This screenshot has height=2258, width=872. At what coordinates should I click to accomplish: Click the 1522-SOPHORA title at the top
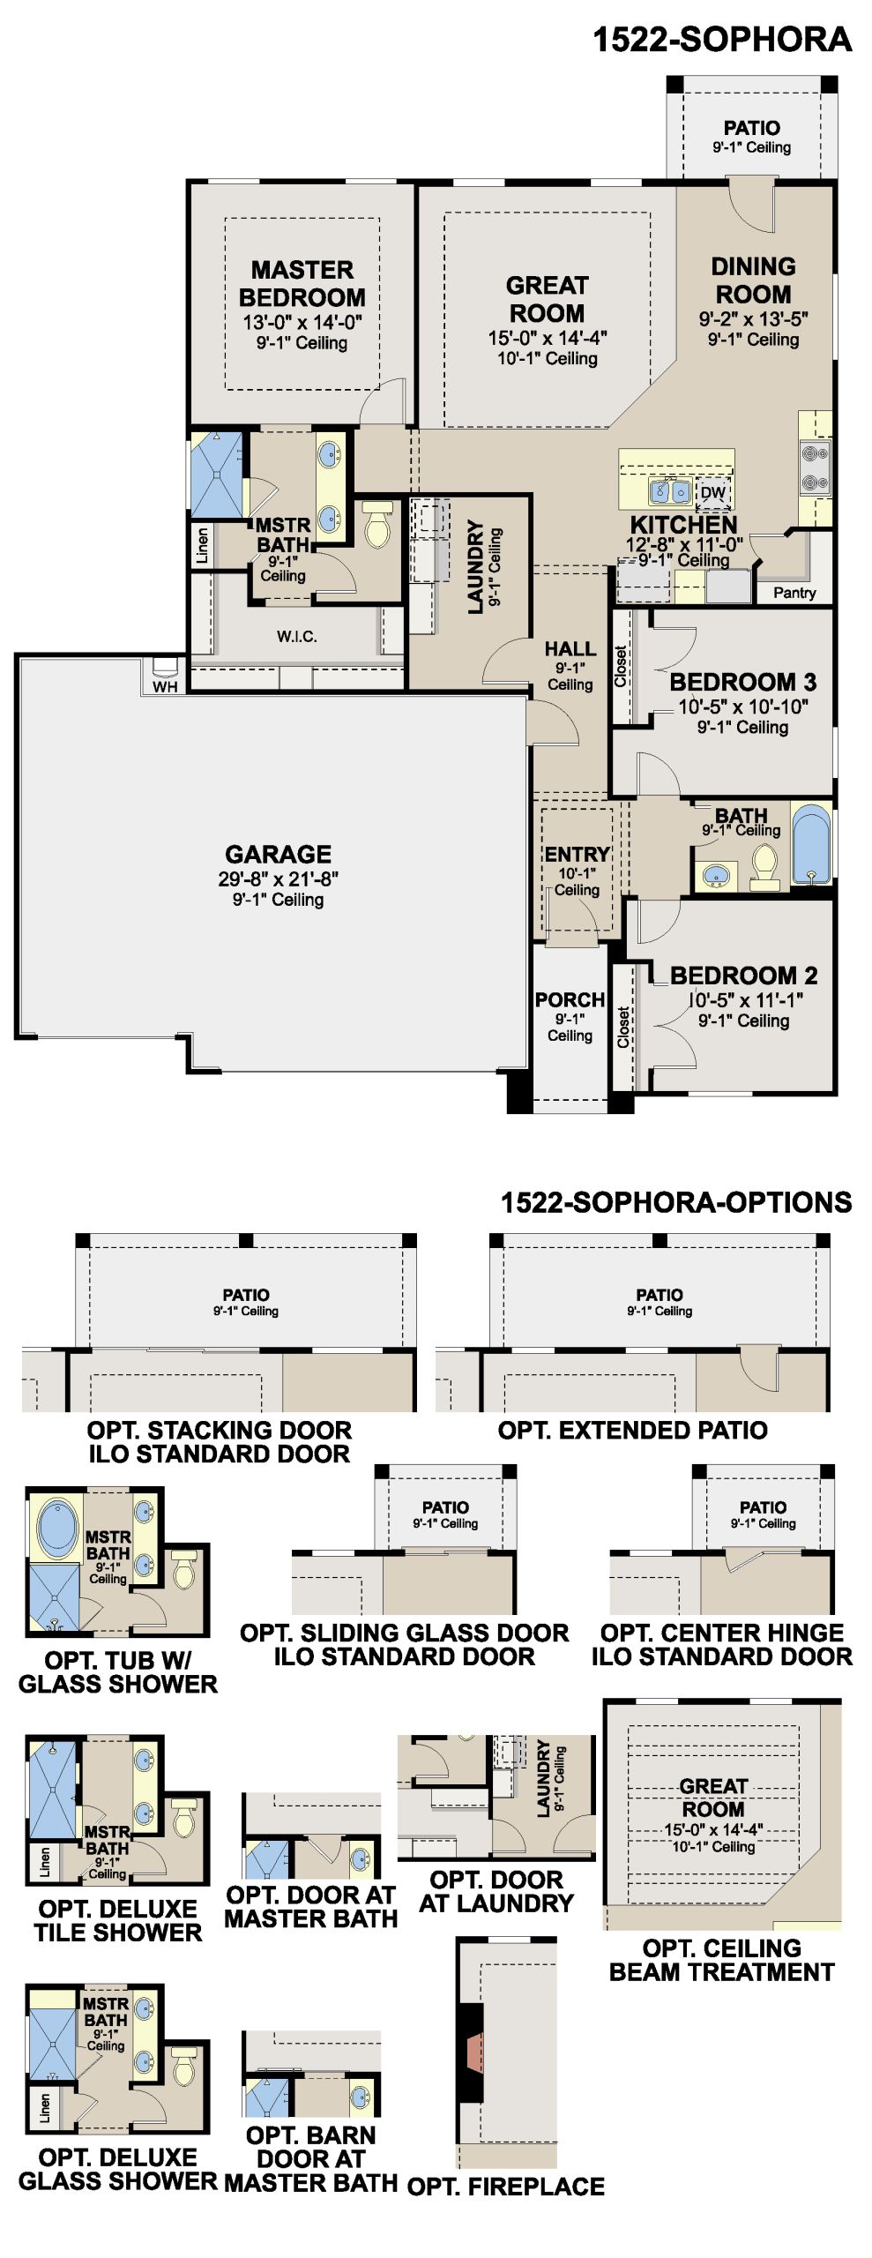(x=722, y=40)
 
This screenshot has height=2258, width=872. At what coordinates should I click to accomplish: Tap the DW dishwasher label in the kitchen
(x=712, y=493)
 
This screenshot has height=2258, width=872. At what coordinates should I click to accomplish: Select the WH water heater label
(x=165, y=686)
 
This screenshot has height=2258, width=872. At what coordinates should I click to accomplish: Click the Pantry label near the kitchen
(x=794, y=593)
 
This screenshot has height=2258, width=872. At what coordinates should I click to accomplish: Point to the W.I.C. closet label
(x=296, y=636)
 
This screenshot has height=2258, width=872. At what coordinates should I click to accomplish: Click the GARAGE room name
(x=279, y=854)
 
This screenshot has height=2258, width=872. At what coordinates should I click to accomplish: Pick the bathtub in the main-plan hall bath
(x=811, y=843)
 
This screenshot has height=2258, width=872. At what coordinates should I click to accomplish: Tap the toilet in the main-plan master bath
(x=377, y=525)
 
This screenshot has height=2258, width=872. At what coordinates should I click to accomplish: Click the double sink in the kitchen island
(x=670, y=491)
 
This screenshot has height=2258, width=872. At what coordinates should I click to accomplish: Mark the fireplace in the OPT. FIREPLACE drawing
(x=472, y=2052)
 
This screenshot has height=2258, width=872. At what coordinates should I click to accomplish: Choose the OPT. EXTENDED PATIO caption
(x=632, y=1430)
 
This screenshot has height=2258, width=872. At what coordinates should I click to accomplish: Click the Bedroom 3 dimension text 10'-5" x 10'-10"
(x=742, y=707)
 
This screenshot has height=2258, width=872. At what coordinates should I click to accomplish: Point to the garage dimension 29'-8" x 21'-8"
(x=279, y=879)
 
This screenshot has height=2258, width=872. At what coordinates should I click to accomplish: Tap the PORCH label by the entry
(x=570, y=999)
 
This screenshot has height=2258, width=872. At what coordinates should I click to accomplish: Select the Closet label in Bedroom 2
(x=623, y=1028)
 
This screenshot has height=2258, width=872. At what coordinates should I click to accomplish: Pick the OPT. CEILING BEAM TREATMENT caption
(x=722, y=1960)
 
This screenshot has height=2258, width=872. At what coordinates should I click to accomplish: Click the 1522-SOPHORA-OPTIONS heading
(x=676, y=1202)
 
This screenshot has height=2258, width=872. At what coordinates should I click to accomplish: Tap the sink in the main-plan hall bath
(x=716, y=876)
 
